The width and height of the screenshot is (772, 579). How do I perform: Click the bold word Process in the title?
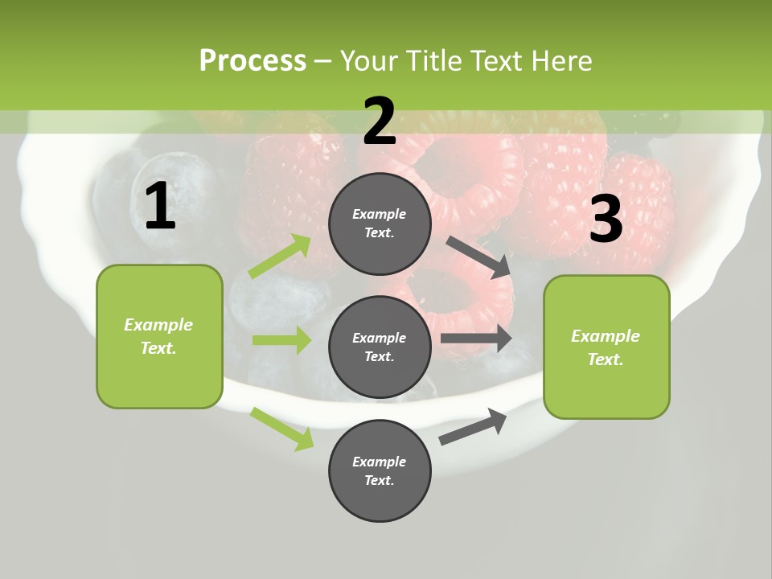pyautogui.click(x=253, y=60)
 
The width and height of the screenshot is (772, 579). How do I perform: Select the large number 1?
pyautogui.click(x=160, y=207)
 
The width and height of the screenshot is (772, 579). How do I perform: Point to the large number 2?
pyautogui.click(x=380, y=121)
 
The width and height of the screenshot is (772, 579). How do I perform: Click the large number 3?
pyautogui.click(x=606, y=219)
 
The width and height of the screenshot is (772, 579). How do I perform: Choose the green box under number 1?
pyautogui.click(x=159, y=336)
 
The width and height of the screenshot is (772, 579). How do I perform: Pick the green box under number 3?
pyautogui.click(x=606, y=347)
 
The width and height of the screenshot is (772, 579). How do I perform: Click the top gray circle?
pyautogui.click(x=380, y=223)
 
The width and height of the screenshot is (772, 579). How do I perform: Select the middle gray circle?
pyautogui.click(x=380, y=347)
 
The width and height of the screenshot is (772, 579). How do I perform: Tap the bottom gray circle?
pyautogui.click(x=380, y=470)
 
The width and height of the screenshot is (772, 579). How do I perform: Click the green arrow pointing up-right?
pyautogui.click(x=280, y=257)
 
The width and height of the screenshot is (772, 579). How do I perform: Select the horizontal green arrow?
pyautogui.click(x=281, y=340)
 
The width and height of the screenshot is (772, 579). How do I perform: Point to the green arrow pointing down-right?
pyautogui.click(x=281, y=429)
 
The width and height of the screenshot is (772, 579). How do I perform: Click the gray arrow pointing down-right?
pyautogui.click(x=479, y=257)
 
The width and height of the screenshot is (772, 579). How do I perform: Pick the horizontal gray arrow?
pyautogui.click(x=476, y=339)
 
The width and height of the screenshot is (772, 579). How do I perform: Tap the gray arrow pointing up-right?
pyautogui.click(x=474, y=426)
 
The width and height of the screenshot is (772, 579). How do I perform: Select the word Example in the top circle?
pyautogui.click(x=380, y=214)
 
